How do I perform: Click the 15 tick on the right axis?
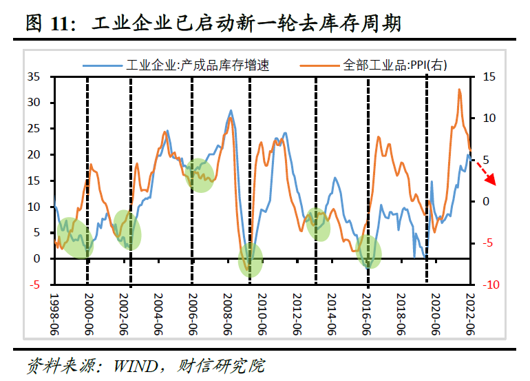(488, 76)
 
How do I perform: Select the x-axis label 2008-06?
(228, 313)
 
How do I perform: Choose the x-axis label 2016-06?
(367, 313)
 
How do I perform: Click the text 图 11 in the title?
(47, 25)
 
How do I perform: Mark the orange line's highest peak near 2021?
(459, 90)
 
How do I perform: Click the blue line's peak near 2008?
(231, 110)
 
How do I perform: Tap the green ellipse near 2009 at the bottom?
(251, 260)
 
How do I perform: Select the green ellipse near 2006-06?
(200, 175)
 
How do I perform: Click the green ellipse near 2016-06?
(369, 252)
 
